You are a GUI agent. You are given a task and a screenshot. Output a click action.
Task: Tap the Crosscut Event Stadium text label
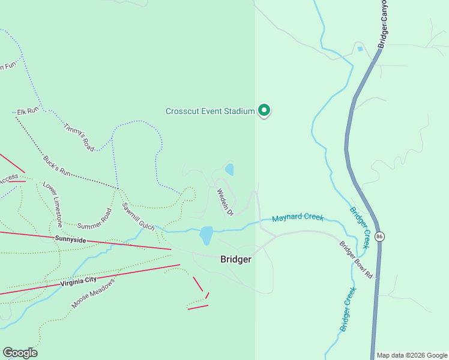[210, 111]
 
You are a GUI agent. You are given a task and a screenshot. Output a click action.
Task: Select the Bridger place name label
[235, 259]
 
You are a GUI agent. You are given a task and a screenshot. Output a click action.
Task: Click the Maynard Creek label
[298, 218]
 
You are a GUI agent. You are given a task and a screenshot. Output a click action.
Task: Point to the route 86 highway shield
[379, 236]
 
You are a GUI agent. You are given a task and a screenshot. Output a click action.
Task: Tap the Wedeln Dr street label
[224, 202]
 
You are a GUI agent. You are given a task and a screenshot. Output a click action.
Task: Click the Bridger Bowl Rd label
[356, 259]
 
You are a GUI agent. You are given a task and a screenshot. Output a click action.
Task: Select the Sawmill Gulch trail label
[138, 217]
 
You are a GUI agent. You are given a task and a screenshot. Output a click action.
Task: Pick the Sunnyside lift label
[71, 239]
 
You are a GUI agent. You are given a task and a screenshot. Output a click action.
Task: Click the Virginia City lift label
[79, 280]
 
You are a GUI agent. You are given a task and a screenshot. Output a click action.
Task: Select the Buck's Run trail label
[57, 166]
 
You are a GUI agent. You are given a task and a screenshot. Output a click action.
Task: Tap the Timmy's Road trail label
[79, 136]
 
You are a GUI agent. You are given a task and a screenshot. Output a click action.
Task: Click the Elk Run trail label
[28, 112]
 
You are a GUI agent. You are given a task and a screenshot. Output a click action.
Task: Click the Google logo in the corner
[20, 353]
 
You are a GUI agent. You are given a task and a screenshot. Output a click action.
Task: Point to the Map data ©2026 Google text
[412, 355]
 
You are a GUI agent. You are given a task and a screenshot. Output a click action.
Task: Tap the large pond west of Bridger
[206, 235]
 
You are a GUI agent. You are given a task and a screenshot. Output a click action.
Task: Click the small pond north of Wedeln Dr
[229, 170]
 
